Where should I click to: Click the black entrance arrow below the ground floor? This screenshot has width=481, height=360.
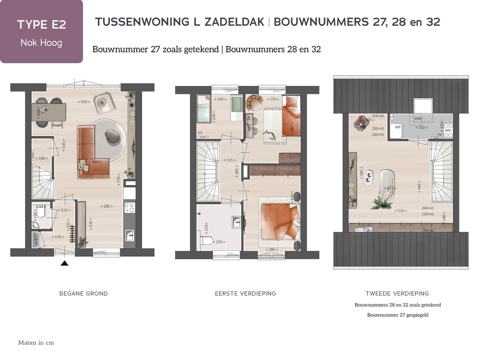65,263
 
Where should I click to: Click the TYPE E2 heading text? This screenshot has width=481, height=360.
41,24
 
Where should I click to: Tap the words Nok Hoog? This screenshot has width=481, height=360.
41,43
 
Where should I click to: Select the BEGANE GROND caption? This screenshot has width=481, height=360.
84,294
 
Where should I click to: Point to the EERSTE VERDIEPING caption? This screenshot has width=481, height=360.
245,294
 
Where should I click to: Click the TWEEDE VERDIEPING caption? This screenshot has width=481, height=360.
397,294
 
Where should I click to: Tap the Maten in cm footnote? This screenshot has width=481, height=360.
36,343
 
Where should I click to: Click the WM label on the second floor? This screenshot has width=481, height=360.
418,119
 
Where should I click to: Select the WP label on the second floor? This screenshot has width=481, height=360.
397,126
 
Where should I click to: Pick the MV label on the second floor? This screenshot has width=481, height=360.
448,130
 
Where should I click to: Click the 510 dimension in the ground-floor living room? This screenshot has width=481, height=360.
83,102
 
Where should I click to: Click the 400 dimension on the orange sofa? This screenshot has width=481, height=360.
94,162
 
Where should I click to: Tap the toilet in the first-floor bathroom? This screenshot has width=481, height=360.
206,241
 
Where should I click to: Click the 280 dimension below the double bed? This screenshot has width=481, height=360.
270,250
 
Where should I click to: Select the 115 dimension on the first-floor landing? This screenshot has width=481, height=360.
230,160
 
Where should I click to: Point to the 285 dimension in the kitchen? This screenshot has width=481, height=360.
106,206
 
